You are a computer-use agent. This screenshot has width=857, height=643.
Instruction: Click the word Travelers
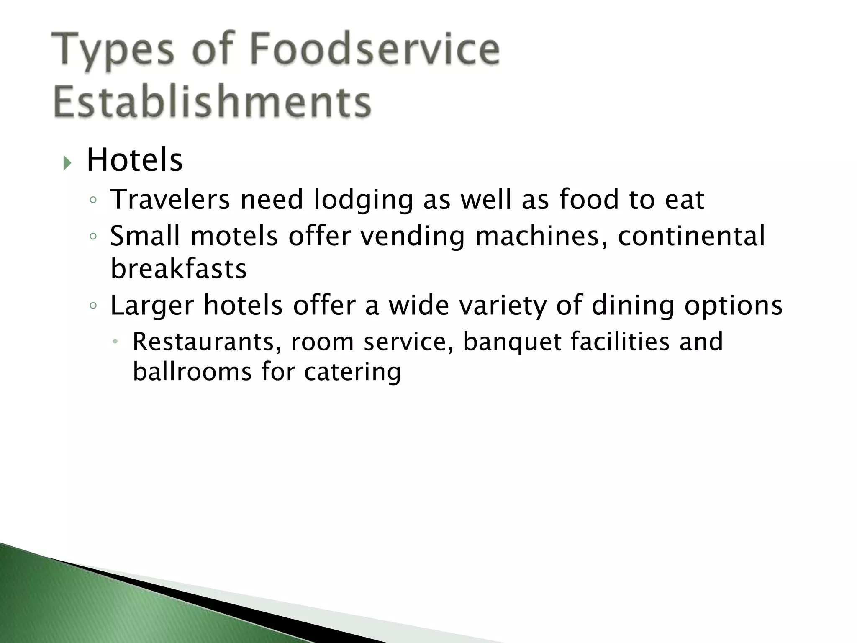coord(170,199)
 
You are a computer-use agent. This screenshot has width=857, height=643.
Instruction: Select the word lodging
coord(363,200)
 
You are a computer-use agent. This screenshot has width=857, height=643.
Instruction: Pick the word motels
coord(234,236)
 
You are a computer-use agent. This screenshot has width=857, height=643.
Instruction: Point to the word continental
coord(691,236)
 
